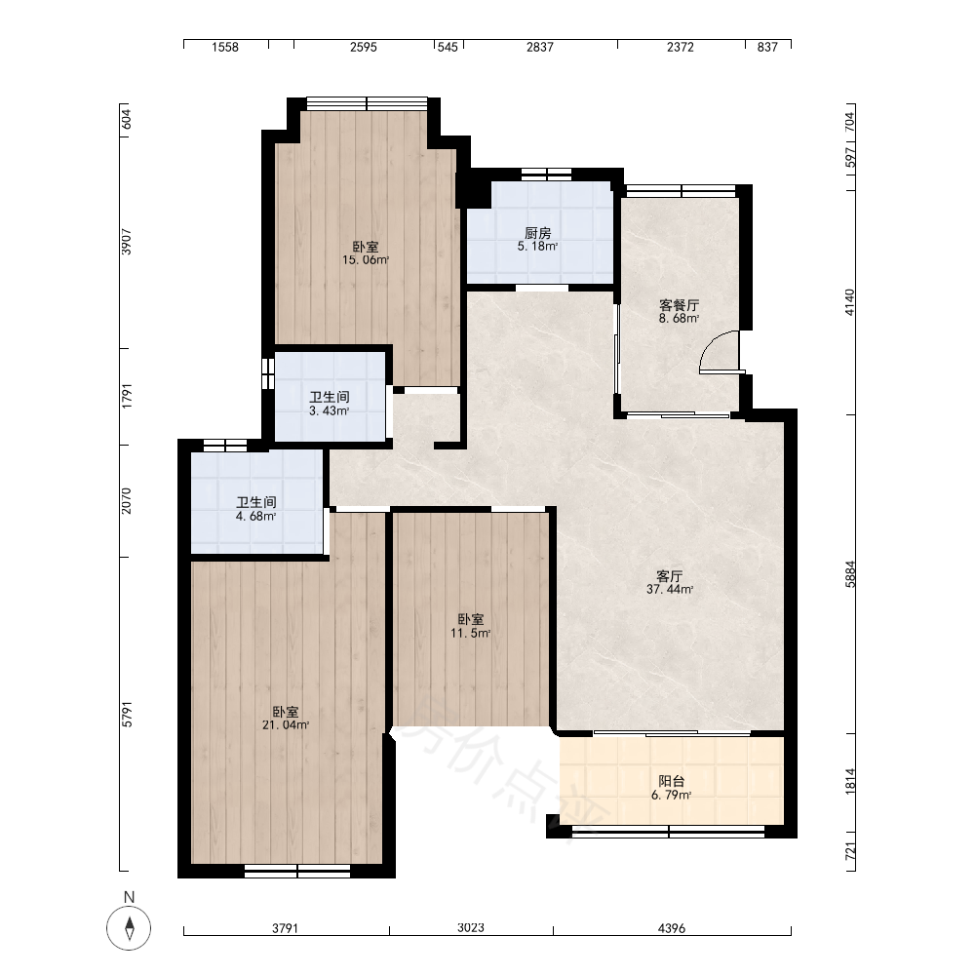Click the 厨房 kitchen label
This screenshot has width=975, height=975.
(538, 233)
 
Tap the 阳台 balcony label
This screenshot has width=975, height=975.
(672, 782)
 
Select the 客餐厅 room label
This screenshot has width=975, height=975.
(679, 305)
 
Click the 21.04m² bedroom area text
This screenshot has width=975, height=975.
(286, 725)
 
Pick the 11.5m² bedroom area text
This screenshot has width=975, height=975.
(471, 634)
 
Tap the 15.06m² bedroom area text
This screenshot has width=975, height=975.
(366, 260)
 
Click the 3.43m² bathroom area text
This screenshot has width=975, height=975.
(329, 411)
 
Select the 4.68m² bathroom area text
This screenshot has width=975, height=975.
(255, 517)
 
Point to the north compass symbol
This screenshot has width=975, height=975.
(130, 928)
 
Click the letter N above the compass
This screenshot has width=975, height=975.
(130, 897)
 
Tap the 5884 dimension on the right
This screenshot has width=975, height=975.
(850, 574)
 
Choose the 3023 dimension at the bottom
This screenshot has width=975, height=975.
(471, 928)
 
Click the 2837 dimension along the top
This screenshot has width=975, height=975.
(540, 47)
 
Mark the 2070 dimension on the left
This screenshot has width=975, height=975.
(126, 500)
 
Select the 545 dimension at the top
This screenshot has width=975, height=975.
(448, 47)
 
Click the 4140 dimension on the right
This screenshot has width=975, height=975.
(850, 302)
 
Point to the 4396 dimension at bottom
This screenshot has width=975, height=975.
(672, 928)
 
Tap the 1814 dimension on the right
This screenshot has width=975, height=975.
(850, 781)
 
